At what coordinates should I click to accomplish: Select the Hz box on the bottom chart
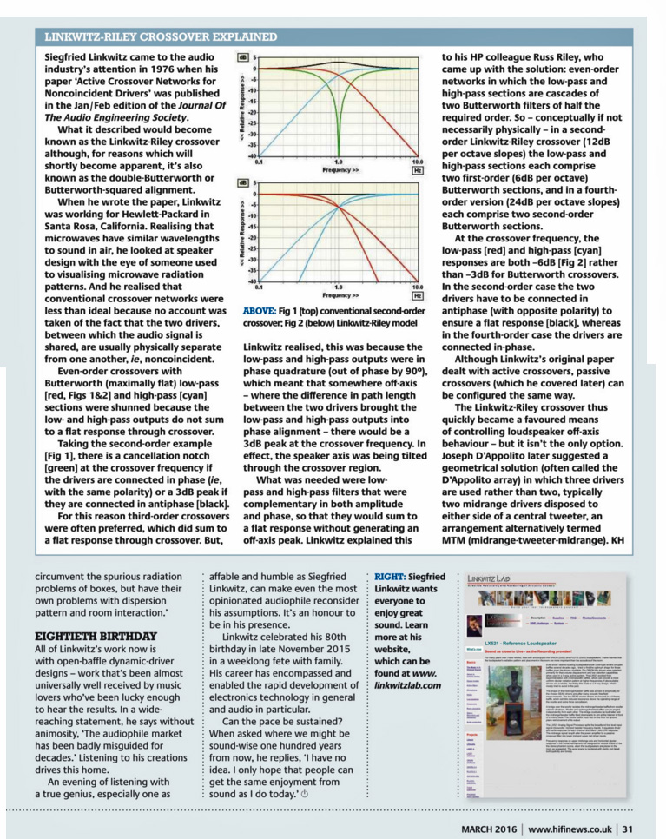click(417, 295)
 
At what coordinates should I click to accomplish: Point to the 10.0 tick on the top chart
click(417, 162)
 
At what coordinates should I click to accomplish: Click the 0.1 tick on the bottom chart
click(259, 287)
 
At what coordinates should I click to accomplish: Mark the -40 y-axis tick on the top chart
click(252, 155)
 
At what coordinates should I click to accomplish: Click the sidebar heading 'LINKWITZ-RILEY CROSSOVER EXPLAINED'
click(162, 36)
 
